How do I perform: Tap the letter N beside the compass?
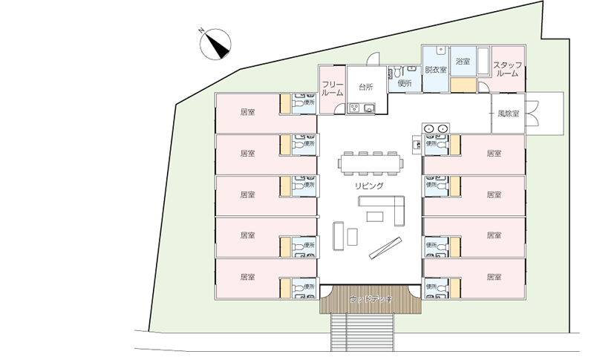click(200, 31)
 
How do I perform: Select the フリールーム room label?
click(332, 88)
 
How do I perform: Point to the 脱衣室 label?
click(435, 70)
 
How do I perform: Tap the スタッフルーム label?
click(508, 69)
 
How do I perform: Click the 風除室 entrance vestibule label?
click(509, 114)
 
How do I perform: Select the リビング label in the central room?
click(369, 186)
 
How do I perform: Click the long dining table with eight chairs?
click(370, 162)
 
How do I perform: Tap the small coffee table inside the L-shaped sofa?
click(376, 216)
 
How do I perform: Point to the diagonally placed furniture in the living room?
click(386, 247)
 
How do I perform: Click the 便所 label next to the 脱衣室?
click(404, 83)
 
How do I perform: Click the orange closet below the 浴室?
click(462, 84)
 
